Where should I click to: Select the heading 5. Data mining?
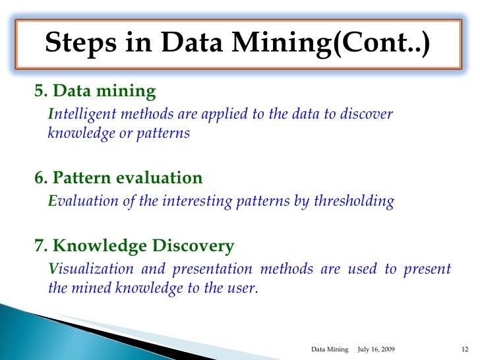95,91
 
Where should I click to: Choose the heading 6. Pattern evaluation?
118,178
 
